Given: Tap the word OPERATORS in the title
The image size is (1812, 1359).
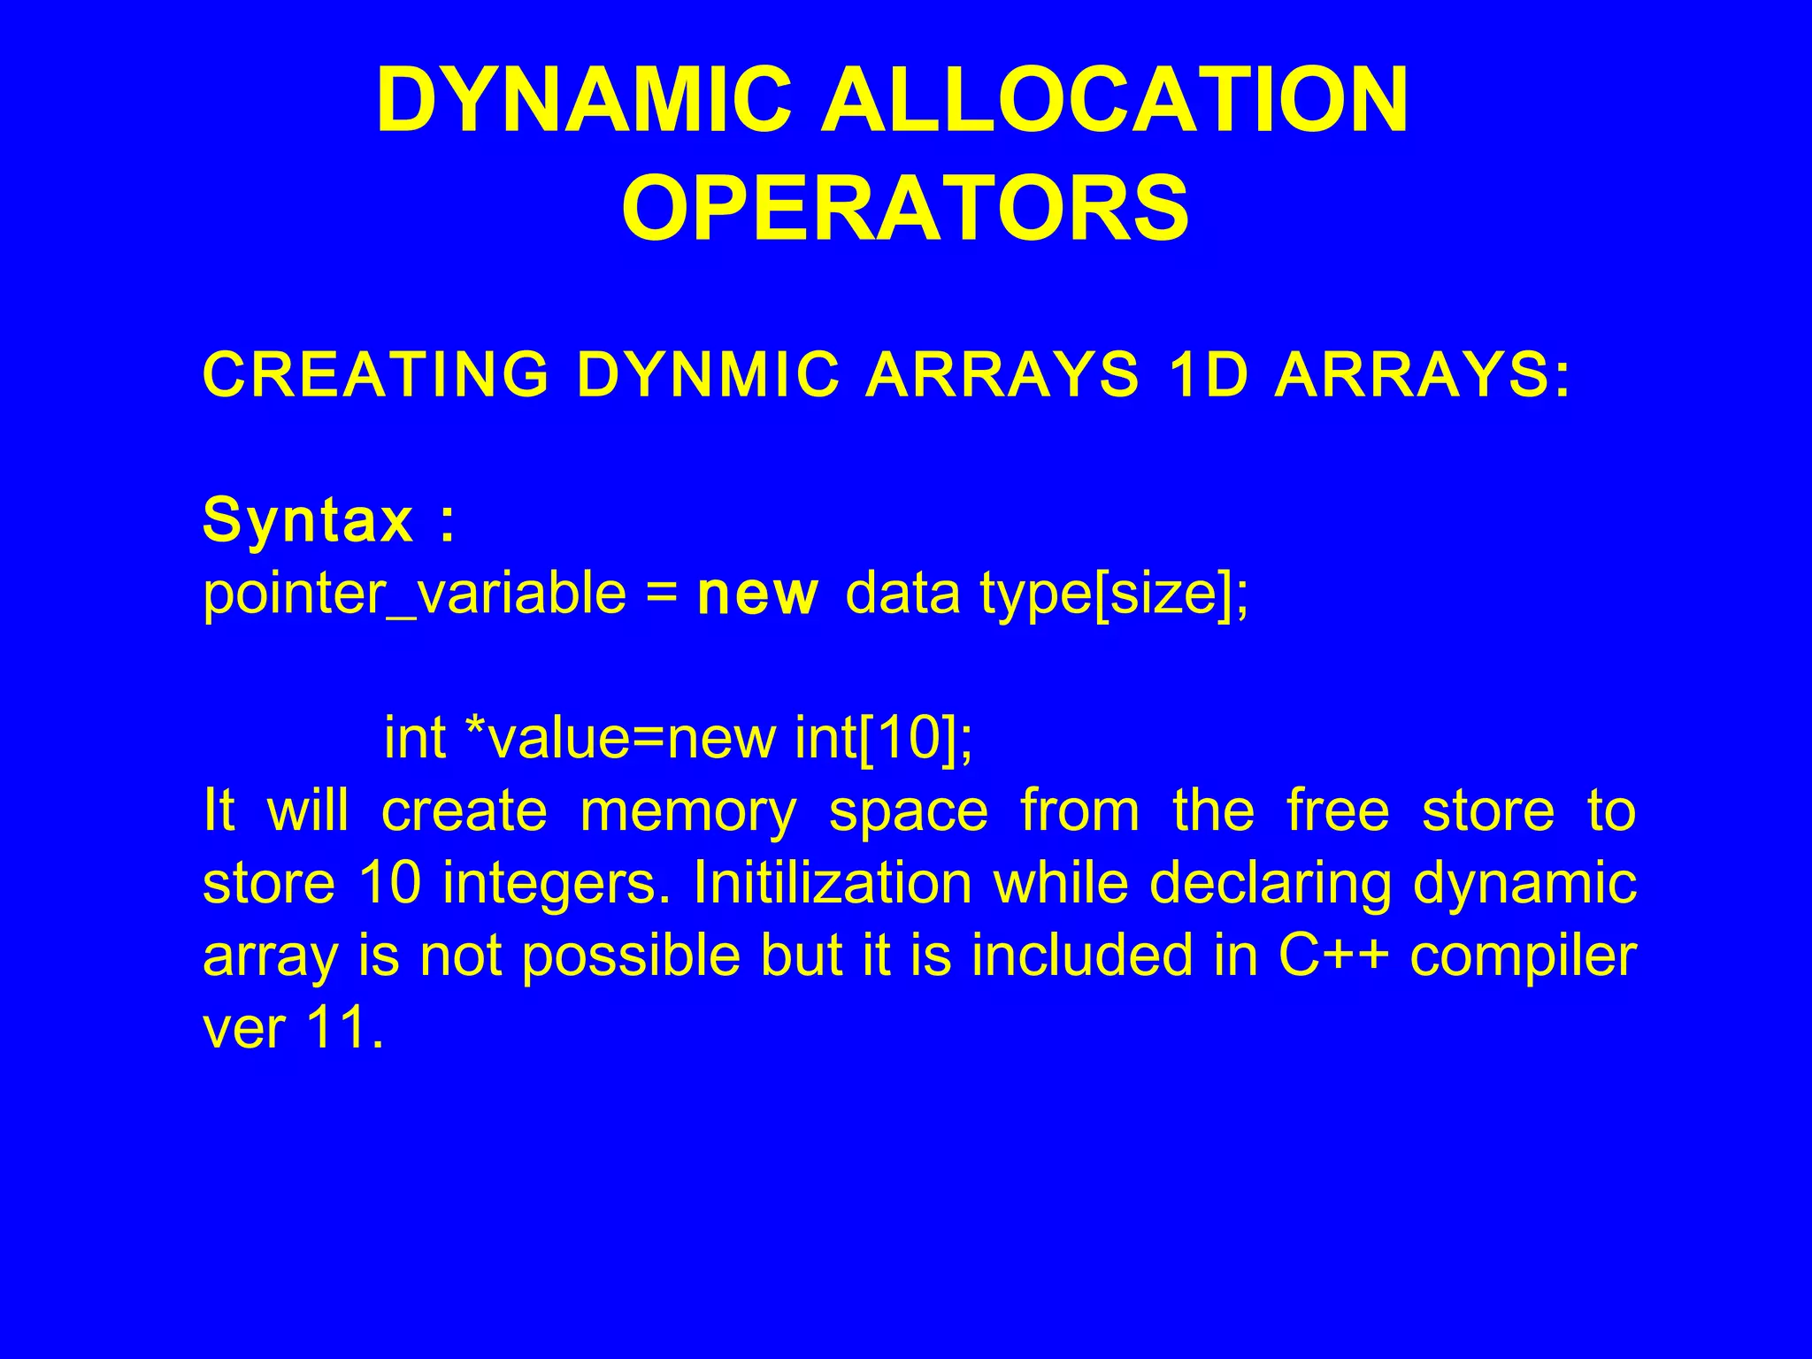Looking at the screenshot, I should point(905,208).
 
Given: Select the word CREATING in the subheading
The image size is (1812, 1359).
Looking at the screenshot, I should point(376,374).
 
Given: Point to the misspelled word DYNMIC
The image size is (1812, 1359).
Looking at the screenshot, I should point(707,374).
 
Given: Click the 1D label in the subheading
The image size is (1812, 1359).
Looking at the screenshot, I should point(1207,374).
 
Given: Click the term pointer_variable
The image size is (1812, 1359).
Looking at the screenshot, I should point(414,594).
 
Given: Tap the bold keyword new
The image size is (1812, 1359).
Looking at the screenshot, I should point(757,594).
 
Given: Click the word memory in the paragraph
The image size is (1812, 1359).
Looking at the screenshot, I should point(687,811).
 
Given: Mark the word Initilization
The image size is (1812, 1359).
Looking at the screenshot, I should point(832,884).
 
